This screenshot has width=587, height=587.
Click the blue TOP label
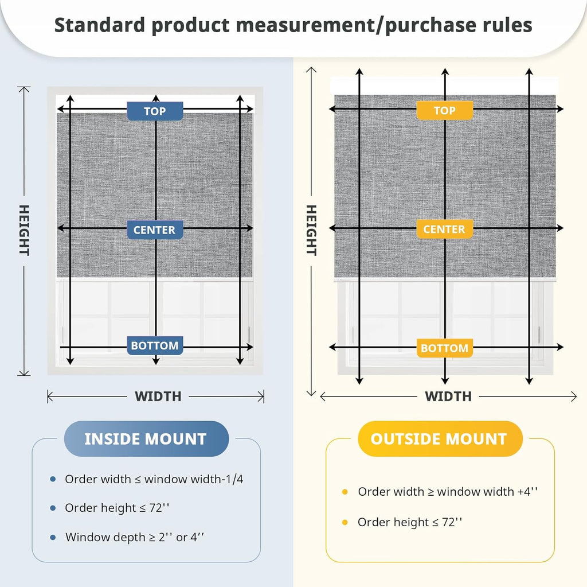point(155,111)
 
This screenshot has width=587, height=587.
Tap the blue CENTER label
point(155,230)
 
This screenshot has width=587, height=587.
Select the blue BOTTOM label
point(155,345)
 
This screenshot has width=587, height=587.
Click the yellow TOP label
point(445,110)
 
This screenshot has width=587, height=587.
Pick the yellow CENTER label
point(445,229)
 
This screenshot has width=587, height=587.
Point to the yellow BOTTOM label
point(445,348)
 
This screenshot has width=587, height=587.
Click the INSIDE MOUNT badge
point(146,438)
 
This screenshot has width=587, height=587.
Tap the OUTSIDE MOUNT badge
point(440,438)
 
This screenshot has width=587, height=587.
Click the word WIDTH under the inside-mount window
point(158,396)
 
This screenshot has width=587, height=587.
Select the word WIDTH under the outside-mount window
point(448,396)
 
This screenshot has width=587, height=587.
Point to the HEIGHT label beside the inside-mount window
point(24,230)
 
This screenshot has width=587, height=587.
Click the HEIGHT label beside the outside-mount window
point(311,230)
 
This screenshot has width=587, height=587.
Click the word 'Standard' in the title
point(100,25)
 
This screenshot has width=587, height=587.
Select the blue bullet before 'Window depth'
point(53,537)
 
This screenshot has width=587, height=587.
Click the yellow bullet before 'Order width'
point(345,492)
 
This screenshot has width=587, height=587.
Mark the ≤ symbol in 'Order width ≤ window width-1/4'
point(138,480)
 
